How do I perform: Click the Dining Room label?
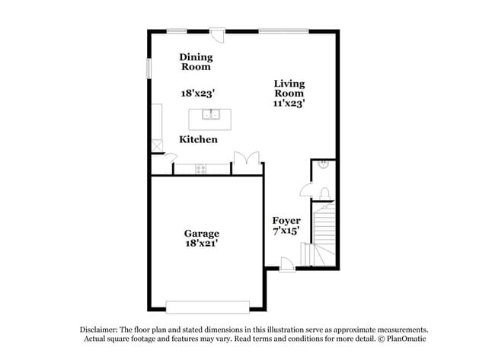[x=196, y=62]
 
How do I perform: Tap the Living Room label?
[x=289, y=88]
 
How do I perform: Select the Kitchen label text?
[x=198, y=139]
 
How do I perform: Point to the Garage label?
[x=202, y=234]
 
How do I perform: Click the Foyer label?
[x=286, y=221]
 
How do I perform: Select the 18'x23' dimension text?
[x=198, y=94]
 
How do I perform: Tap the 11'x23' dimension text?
[x=289, y=104]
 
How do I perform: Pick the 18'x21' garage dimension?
[x=202, y=244]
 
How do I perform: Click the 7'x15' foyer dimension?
[x=286, y=231]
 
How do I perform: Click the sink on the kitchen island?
[x=211, y=114]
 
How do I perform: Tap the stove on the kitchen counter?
[x=201, y=169]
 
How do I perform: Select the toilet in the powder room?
[x=324, y=193]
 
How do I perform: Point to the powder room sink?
[x=324, y=164]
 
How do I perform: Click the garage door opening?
[x=208, y=307]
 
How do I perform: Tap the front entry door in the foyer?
[x=287, y=264]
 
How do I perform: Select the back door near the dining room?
[x=218, y=36]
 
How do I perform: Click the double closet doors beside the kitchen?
[x=247, y=158]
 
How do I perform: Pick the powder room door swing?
[x=306, y=190]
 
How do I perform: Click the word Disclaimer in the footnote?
[x=99, y=330]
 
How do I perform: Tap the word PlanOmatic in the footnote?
[x=407, y=339]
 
